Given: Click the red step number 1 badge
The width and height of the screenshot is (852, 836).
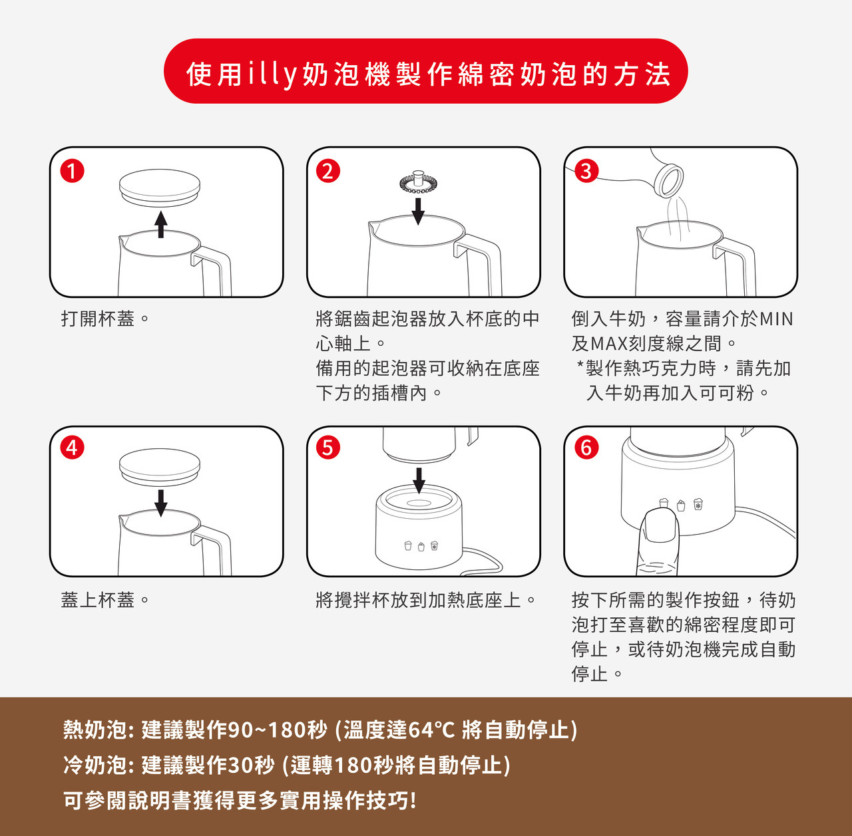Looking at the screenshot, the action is [x=72, y=172].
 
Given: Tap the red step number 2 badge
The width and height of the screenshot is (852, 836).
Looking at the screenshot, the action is [x=328, y=172].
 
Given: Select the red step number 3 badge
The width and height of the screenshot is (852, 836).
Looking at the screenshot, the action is [x=586, y=172].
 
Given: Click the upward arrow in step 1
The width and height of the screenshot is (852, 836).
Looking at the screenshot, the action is [x=161, y=225].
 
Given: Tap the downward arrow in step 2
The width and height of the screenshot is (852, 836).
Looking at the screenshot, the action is [x=418, y=211].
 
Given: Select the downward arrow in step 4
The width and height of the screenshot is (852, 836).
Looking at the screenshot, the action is [x=161, y=503].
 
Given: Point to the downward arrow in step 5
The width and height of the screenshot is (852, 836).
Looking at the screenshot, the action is [x=419, y=480].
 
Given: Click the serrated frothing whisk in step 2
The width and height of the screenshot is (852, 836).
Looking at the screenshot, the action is [x=418, y=182].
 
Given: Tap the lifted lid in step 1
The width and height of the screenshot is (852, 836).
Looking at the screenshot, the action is [x=160, y=188].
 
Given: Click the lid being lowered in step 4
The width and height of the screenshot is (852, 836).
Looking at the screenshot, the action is [x=160, y=467].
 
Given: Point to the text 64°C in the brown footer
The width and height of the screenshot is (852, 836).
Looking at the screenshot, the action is [x=431, y=730].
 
